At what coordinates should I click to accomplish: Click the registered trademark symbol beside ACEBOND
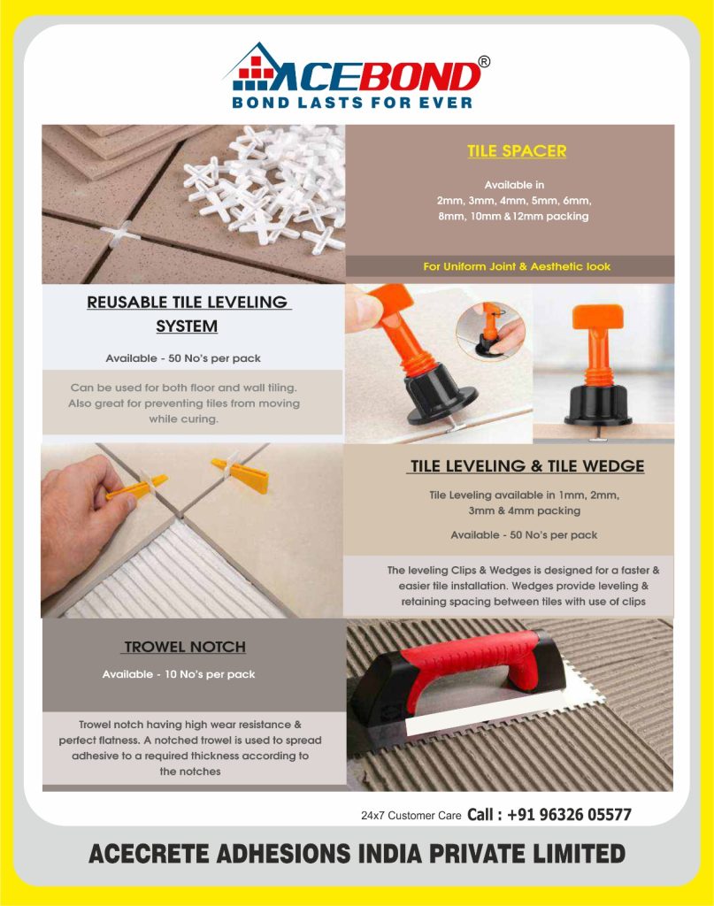tap(484, 62)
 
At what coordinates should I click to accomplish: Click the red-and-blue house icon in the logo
tap(253, 68)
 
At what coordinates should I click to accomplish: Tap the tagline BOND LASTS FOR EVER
tap(352, 103)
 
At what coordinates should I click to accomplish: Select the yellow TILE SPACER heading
tap(517, 150)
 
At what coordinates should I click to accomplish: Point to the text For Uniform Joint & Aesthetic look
tap(517, 266)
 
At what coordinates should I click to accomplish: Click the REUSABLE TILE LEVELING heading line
tap(188, 302)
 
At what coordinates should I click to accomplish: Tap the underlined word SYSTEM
tap(187, 326)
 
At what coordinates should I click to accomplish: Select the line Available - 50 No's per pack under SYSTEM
tap(183, 358)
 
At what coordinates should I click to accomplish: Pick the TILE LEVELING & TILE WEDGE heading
tap(526, 466)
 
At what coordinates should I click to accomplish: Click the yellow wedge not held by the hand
tap(240, 472)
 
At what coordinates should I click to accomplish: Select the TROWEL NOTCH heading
tap(185, 647)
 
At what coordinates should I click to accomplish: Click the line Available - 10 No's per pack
tap(179, 674)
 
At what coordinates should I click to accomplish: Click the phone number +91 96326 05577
tap(569, 815)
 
